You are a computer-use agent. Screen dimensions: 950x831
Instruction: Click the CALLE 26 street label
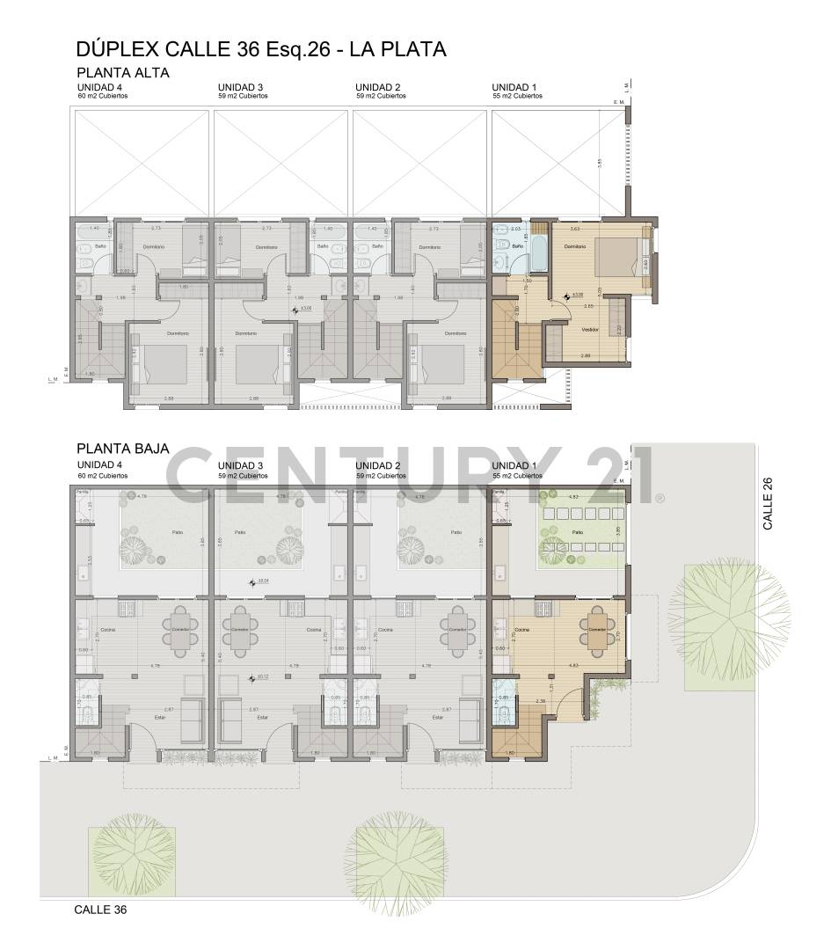[x=768, y=503]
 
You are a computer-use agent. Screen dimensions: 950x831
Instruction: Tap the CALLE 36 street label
[x=100, y=910]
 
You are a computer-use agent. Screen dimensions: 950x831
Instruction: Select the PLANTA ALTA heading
[x=123, y=73]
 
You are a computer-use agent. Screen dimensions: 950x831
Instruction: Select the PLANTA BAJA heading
[x=123, y=448]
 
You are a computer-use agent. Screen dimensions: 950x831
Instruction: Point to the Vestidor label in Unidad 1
[x=590, y=330]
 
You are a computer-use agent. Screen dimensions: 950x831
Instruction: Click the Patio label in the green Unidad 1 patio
[x=577, y=533]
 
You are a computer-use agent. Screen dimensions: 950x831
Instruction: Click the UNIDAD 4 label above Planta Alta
[x=99, y=87]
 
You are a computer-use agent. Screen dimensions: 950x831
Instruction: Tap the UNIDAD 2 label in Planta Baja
[x=378, y=465]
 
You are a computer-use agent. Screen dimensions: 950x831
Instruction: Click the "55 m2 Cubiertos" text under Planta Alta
[x=516, y=96]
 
